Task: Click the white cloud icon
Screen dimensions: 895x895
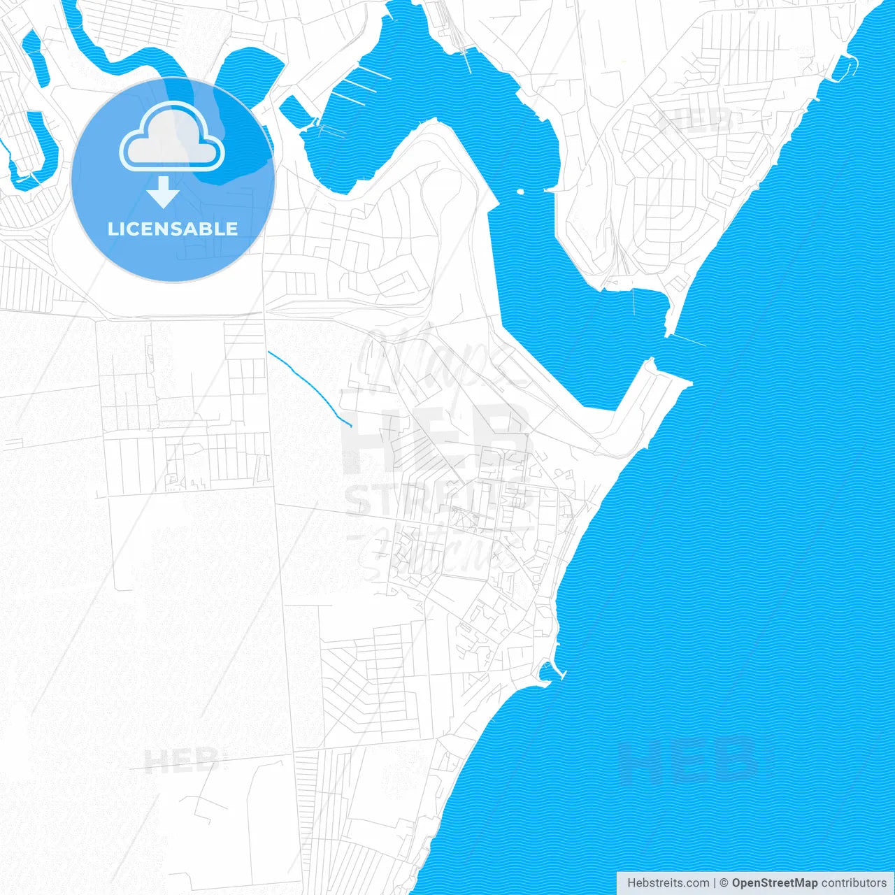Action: [172, 137]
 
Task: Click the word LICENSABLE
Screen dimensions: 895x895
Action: [173, 229]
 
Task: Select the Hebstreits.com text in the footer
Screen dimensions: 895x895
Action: [668, 883]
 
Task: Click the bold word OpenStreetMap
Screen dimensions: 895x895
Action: [774, 883]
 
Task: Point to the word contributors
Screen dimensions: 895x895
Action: [854, 883]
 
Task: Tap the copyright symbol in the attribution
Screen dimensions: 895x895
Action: [724, 883]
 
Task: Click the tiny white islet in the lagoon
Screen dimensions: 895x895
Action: [520, 191]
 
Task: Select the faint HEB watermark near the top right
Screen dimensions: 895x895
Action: [696, 120]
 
